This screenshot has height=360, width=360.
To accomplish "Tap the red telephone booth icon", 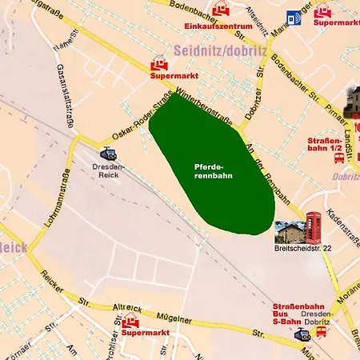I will tap(314, 228).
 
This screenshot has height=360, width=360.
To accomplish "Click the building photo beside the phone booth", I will tap(288, 231).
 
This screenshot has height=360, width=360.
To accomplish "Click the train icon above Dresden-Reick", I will tap(107, 153).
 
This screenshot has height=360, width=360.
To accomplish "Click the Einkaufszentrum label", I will tap(218, 26).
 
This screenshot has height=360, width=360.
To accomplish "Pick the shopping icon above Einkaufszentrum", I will tap(221, 11).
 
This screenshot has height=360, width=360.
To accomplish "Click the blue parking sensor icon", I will tap(294, 18).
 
